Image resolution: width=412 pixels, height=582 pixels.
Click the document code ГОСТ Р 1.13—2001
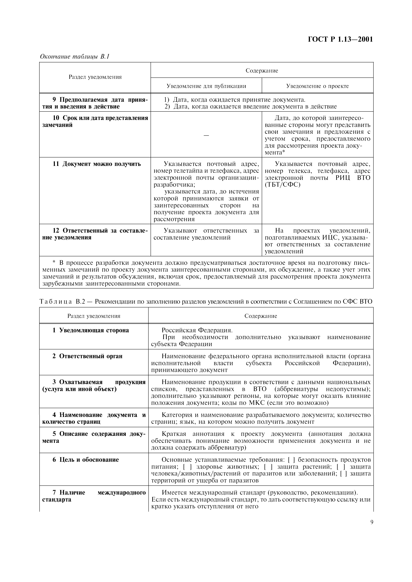point(340,39)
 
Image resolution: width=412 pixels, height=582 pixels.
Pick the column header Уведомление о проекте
point(317,86)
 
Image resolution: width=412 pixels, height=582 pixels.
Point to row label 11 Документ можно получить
point(96,164)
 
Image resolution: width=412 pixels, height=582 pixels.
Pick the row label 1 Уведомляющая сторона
point(91,330)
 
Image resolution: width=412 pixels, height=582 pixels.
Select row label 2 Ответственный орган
point(87,356)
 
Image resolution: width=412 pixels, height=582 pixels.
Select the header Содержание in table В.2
point(261,316)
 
